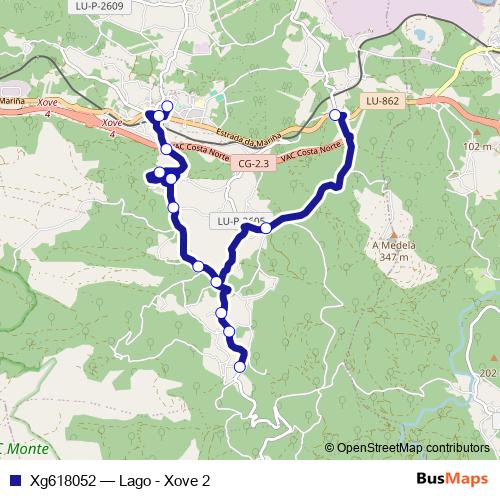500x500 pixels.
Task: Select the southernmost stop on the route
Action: tap(239, 368)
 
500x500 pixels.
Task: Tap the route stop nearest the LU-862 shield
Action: tap(336, 116)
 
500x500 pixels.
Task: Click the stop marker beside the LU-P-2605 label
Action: tap(266, 228)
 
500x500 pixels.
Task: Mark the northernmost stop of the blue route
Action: tap(167, 107)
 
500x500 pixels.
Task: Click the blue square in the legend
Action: tap(13, 480)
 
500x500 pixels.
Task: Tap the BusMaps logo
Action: tap(452, 480)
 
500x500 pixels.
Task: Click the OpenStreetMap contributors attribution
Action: tap(412, 447)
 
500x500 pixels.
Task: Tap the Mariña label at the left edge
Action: tap(12, 101)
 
